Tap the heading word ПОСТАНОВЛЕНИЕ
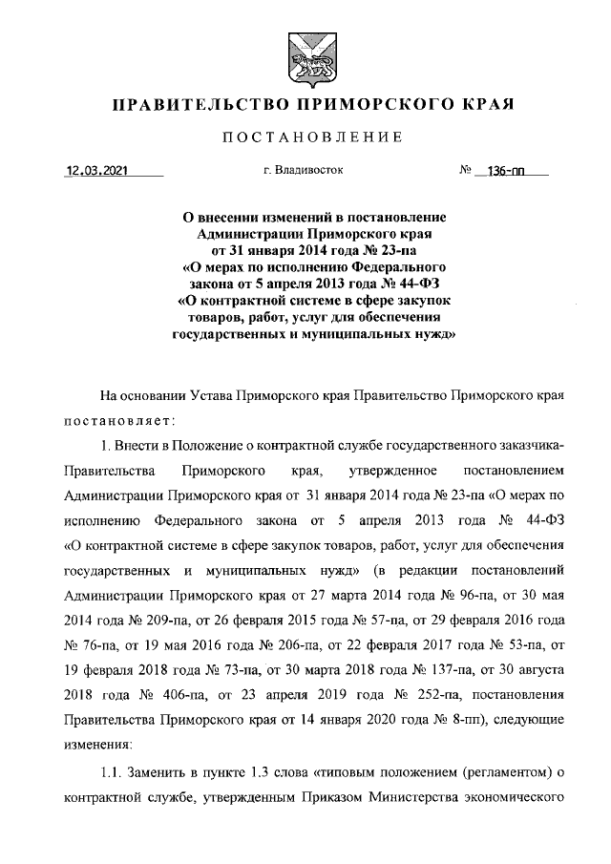pyautogui.click(x=305, y=139)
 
